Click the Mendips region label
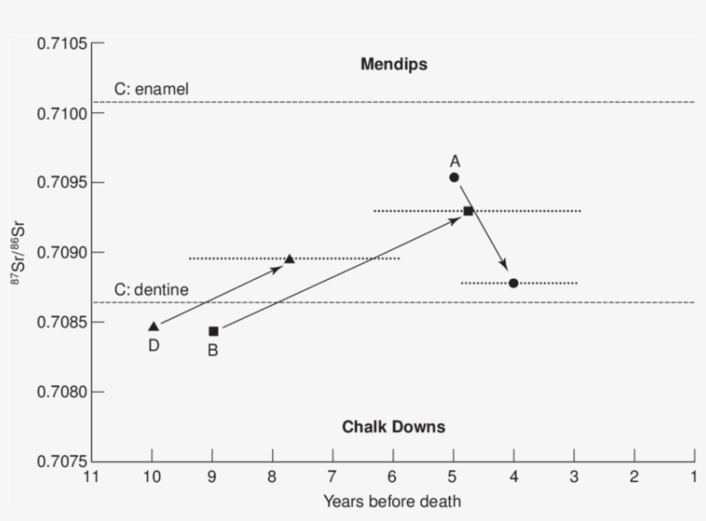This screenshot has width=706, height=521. point(393,65)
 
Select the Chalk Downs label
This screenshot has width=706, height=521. point(393,426)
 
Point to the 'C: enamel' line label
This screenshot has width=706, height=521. point(151,89)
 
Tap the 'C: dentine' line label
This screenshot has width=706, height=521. point(151,289)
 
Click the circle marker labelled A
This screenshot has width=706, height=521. point(454,177)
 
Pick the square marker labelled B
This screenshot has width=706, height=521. point(214,331)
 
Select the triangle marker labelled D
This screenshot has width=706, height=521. point(153,326)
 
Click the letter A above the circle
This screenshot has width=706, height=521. point(455,160)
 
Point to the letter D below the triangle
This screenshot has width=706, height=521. point(153,345)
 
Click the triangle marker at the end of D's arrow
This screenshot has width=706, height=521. point(289,258)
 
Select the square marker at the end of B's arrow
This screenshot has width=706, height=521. point(468,211)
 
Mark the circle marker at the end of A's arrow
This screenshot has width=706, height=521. point(513,282)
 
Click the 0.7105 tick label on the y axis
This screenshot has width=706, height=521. point(61,43)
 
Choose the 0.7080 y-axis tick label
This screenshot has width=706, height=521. point(61,392)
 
